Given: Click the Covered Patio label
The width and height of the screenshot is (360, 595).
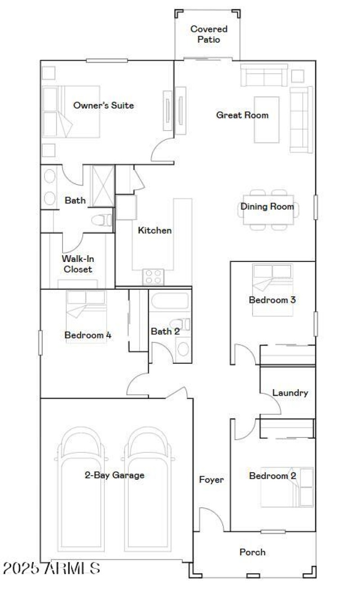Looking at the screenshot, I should (209, 34).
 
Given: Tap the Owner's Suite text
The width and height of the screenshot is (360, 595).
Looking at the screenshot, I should (103, 105).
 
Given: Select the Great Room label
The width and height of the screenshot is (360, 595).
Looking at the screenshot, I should (242, 115).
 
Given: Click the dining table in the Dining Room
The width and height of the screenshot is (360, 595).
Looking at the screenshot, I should (269, 209).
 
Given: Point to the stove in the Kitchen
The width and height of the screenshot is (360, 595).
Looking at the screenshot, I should (153, 276).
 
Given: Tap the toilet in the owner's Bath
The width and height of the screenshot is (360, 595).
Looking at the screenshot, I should (102, 220).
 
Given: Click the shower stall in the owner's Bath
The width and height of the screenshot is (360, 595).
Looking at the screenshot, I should (103, 185).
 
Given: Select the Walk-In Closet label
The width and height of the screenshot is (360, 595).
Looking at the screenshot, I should (77, 264).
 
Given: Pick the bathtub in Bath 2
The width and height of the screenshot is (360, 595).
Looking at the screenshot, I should (169, 301).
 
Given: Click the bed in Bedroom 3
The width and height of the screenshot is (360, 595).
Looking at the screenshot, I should (272, 289).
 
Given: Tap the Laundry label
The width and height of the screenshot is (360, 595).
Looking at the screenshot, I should (290, 393).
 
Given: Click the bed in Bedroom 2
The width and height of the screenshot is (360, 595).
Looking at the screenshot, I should (287, 487).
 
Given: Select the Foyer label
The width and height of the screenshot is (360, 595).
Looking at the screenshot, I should (211, 480).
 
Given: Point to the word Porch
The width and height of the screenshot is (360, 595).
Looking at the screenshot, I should (252, 552).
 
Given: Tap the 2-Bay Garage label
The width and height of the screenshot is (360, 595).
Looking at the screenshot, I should (115, 475).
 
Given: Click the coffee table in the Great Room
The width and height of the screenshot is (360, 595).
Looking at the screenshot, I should (266, 119).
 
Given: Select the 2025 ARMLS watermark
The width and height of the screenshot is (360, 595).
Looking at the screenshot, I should (51, 568).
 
